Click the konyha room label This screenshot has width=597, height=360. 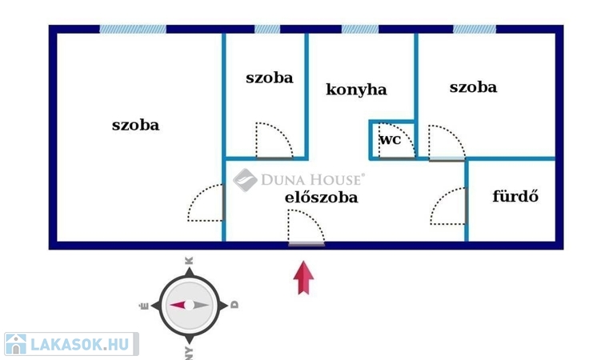tap(356, 90)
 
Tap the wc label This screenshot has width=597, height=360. tap(390, 139)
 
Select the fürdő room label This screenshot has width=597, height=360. tap(515, 195)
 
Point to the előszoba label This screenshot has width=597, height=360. tap(321, 197)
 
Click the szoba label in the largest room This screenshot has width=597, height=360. tap(135, 125)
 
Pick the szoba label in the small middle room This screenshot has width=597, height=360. tap(269, 78)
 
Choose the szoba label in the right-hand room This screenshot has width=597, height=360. tap(473, 87)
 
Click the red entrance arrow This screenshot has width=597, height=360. tap(304, 278)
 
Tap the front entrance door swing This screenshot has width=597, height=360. tap(305, 226)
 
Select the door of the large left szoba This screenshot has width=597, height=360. tap(206, 203)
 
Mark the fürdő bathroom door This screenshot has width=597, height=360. tap(449, 207)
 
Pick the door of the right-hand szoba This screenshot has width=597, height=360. tap(445, 142)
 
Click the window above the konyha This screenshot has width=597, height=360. tap(360, 30)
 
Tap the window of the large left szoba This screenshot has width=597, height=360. tap(133, 30)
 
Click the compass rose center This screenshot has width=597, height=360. tap(189, 305)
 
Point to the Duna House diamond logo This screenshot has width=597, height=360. tap(245, 180)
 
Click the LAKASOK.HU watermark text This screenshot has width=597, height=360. tap(79, 345)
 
